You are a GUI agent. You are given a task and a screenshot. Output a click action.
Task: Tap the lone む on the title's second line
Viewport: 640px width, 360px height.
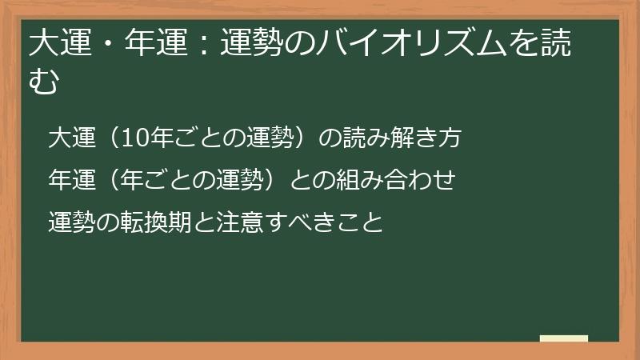[44, 81]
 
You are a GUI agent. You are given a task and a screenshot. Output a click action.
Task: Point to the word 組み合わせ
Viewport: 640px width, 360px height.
[399, 180]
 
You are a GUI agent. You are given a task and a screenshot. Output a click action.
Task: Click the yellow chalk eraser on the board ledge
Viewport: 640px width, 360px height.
[563, 338]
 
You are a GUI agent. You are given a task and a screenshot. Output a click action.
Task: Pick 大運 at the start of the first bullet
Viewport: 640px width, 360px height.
[69, 138]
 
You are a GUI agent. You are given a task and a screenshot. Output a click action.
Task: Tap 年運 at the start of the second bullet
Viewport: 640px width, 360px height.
[69, 180]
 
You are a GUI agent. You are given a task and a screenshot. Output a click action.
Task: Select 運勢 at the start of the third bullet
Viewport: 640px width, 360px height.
[69, 222]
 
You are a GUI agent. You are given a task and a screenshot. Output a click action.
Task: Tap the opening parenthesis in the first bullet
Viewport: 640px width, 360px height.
[104, 138]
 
